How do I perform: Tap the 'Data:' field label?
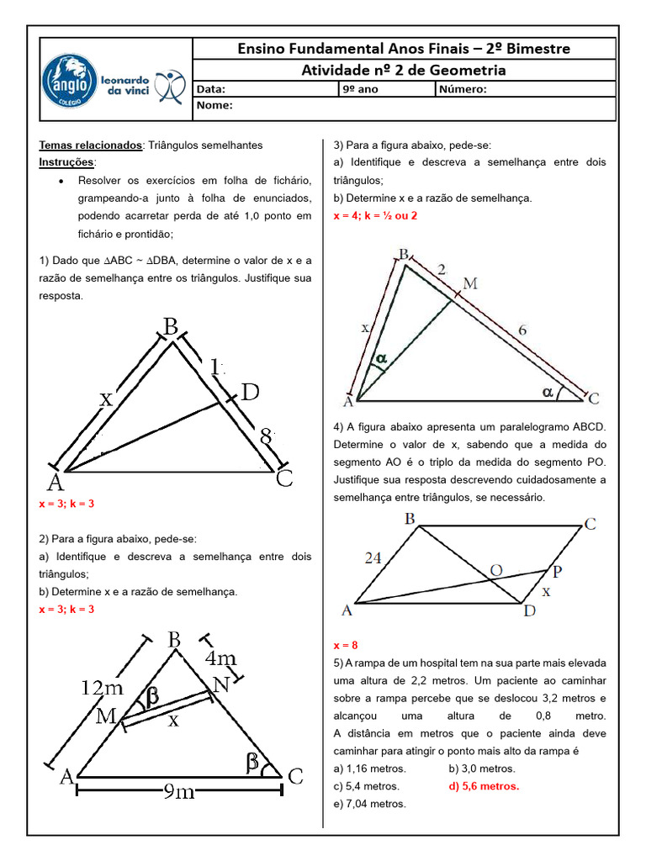pyautogui.click(x=211, y=90)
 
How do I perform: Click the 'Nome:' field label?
pyautogui.click(x=214, y=107)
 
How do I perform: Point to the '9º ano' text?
pyautogui.click(x=361, y=90)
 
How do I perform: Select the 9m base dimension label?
pyautogui.click(x=178, y=790)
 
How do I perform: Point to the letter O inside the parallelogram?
pyautogui.click(x=496, y=571)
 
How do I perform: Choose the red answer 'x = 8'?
pyautogui.click(x=346, y=645)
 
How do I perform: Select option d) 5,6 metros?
pyautogui.click(x=484, y=786)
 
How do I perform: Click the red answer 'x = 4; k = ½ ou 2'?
pyautogui.click(x=375, y=215)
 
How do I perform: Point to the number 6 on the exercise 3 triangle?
pyautogui.click(x=522, y=330)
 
